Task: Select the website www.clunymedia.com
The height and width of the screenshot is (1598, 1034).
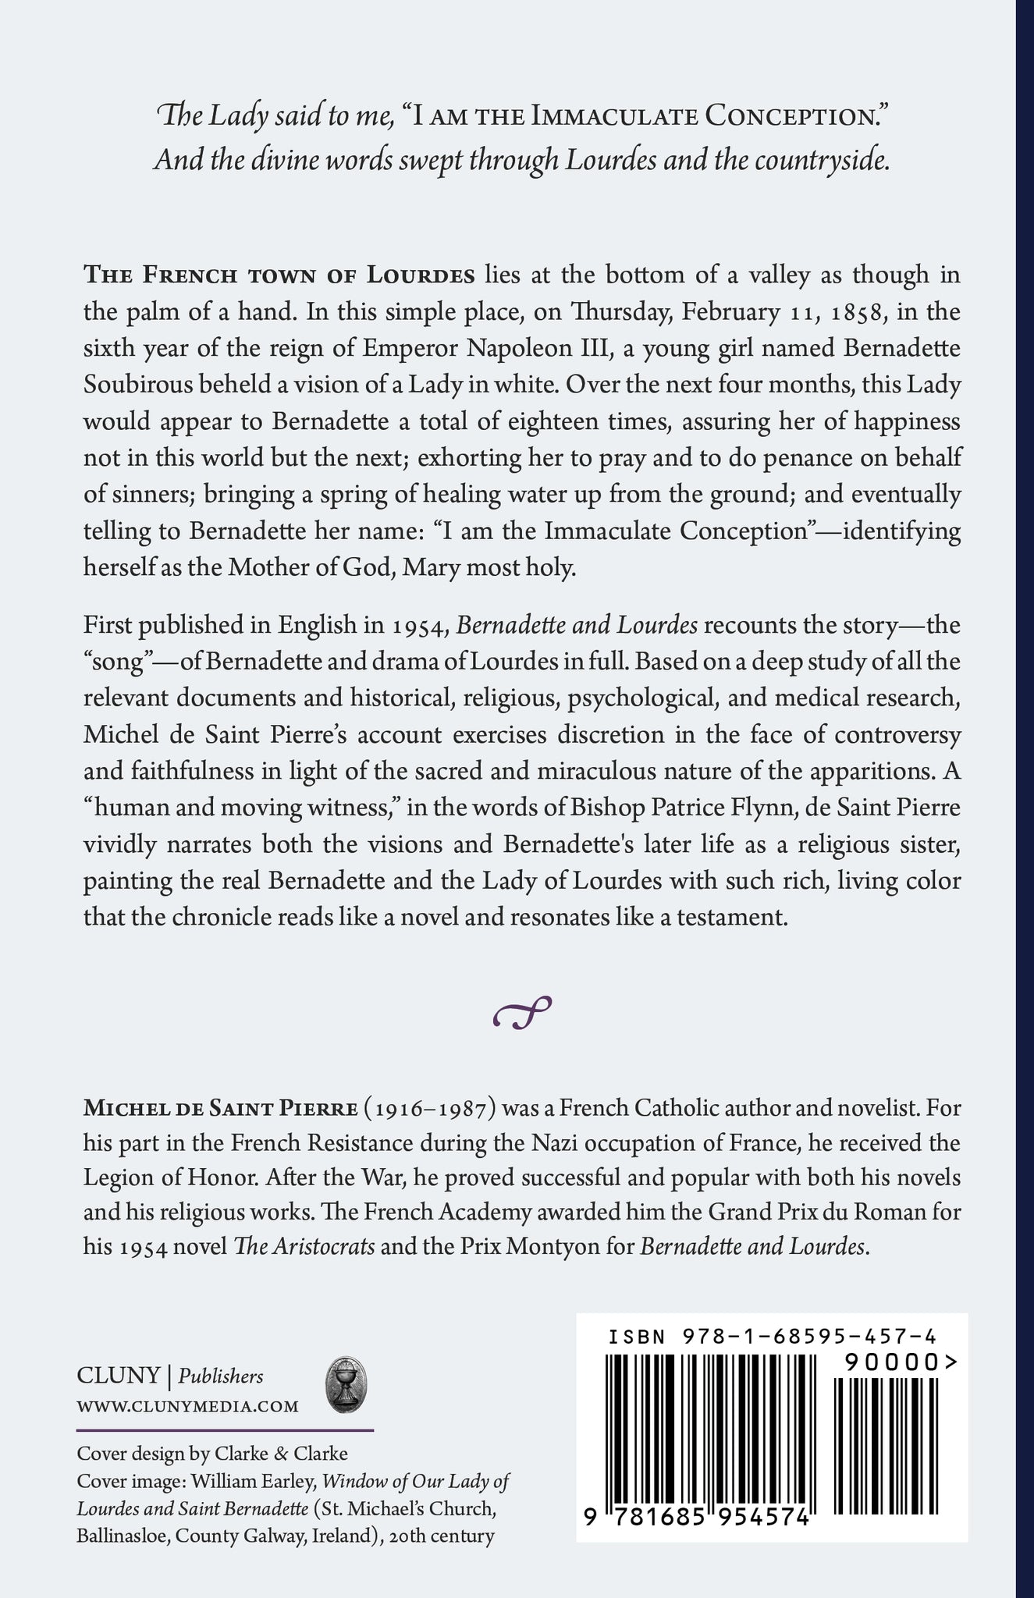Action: click(187, 1406)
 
